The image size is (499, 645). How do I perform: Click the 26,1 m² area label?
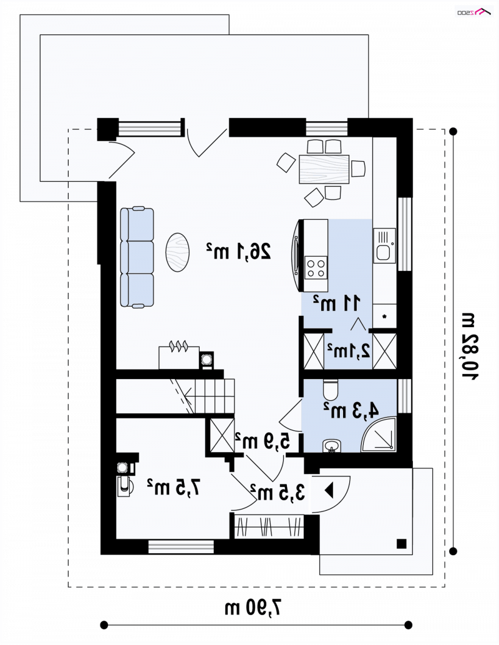tap(239, 251)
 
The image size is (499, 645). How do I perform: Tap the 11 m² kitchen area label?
tap(337, 303)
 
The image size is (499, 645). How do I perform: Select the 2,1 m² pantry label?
tap(349, 351)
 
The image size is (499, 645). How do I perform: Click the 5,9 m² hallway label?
tap(263, 441)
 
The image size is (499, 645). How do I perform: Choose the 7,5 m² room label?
tap(174, 488)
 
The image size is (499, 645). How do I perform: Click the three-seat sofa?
tap(137, 257)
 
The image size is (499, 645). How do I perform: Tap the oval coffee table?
tap(178, 252)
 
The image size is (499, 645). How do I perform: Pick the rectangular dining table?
tap(324, 169)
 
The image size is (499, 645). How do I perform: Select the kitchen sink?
tap(384, 245)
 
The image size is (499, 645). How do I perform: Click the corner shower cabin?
tap(379, 435)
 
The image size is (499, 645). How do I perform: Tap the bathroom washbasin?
tap(332, 445)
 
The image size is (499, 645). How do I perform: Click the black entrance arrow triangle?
tap(329, 490)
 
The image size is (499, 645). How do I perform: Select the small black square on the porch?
tap(402, 544)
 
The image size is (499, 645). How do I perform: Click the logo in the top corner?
tap(475, 12)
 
